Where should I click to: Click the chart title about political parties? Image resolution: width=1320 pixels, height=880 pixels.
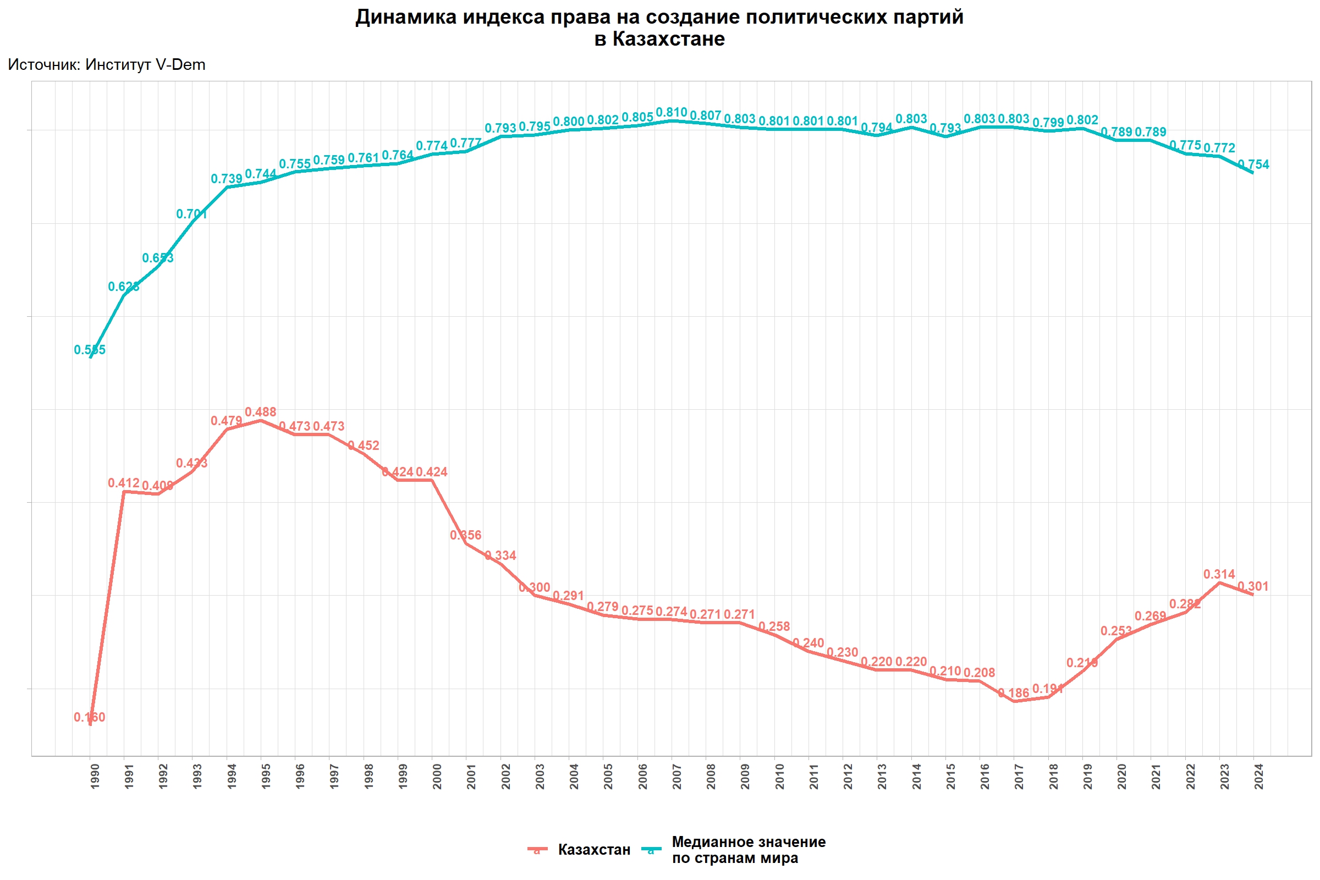coord(659,28)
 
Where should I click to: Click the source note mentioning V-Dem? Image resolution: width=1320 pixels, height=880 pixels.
coord(107,65)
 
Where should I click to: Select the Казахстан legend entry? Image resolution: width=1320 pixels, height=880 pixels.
coord(594,850)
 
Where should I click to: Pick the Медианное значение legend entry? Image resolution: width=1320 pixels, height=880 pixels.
coord(748,850)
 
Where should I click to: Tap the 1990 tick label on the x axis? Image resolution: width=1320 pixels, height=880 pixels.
coord(95,776)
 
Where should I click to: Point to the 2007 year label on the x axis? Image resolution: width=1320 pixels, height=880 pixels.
coord(678,776)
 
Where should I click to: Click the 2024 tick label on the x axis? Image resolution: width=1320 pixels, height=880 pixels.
coord(1259,776)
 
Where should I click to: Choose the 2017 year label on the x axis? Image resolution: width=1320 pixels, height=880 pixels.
coord(1020,776)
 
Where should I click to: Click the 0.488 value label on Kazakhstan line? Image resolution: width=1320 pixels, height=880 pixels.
coord(260,413)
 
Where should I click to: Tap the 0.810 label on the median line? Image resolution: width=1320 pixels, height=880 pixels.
coord(671,113)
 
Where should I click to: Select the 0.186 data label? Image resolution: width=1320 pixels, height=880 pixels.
coord(1014,694)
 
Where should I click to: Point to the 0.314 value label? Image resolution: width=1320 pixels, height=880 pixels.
coord(1219,575)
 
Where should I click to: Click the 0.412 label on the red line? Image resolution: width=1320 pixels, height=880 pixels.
coord(123,483)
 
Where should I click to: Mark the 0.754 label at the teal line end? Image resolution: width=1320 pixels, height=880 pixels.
coord(1254,165)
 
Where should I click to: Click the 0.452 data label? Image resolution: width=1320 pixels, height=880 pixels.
coord(364,446)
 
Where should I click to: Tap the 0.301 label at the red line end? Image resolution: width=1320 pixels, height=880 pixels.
coord(1253,587)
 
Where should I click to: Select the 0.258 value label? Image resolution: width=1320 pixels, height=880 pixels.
coord(774,627)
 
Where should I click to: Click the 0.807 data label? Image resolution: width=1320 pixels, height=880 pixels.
coord(706,116)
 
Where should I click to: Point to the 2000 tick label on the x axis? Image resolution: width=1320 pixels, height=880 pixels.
coord(437,776)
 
